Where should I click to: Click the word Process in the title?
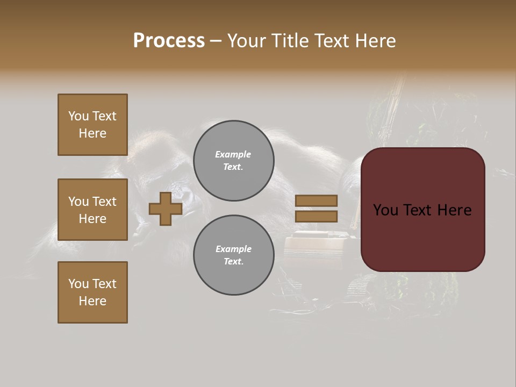169,41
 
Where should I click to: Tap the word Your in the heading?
247,41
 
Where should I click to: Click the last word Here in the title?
376,41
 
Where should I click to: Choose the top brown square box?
92,125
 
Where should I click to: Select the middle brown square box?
92,210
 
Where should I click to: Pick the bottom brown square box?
92,292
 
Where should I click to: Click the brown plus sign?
166,209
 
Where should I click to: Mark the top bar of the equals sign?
316,200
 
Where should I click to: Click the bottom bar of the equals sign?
316,217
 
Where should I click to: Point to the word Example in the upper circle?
233,154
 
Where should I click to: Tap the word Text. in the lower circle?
233,262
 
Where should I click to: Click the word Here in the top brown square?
92,133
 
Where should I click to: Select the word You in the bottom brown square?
78,284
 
